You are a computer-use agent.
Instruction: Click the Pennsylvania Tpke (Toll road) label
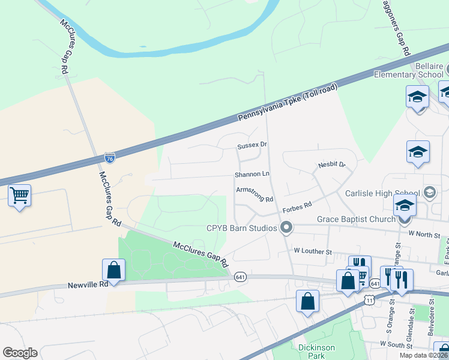[x=288, y=103]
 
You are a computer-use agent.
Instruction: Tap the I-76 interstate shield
[x=109, y=158]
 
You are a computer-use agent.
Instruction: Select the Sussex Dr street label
[x=252, y=145]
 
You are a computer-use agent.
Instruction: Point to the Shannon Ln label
[x=252, y=175]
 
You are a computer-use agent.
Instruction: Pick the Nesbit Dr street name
[x=332, y=164]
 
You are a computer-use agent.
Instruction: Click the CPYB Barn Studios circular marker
[x=286, y=227]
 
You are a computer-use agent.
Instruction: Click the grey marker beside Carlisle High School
[x=430, y=193]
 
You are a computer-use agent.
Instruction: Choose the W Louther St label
[x=313, y=250]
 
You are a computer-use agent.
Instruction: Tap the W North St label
[x=428, y=233]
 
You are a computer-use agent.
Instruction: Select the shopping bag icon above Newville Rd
[x=113, y=271]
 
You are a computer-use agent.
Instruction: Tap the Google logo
[x=20, y=353]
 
